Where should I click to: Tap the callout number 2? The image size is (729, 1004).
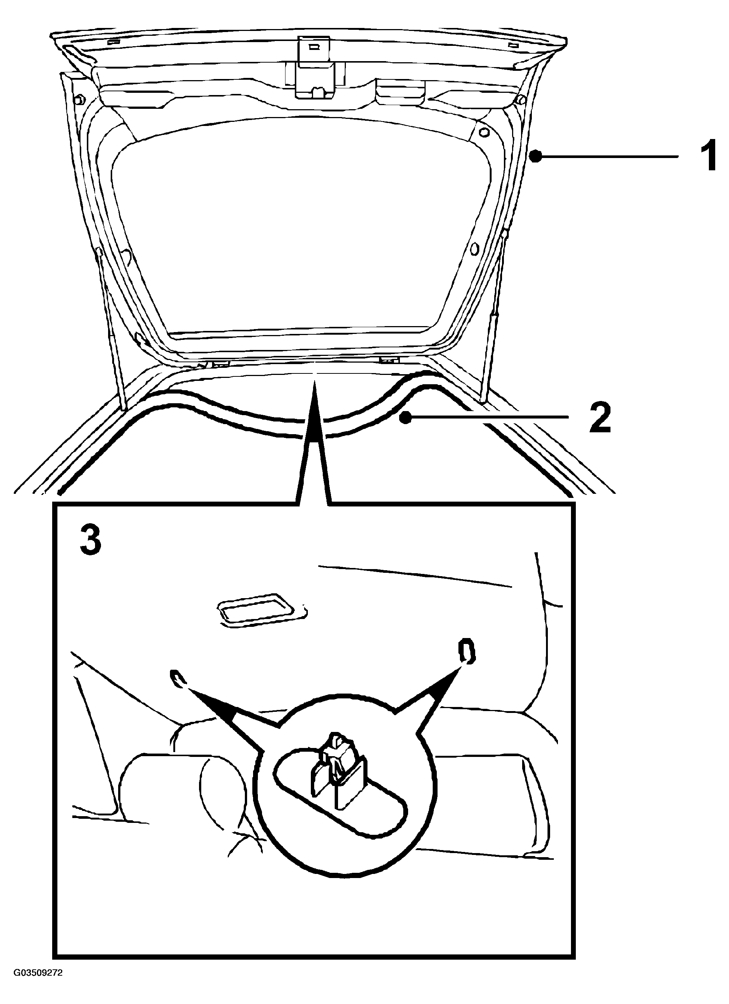point(600,417)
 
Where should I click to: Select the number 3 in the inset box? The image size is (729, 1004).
point(91,540)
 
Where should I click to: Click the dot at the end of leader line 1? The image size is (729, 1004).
point(536,156)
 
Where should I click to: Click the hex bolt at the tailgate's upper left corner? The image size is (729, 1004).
point(80,100)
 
